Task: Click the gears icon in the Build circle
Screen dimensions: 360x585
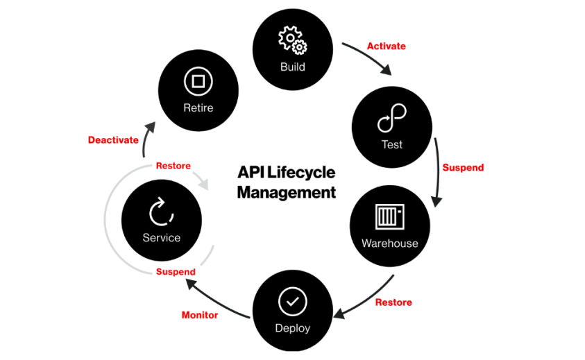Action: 293,40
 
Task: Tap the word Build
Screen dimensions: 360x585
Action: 292,67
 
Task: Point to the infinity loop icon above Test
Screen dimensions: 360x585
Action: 391,119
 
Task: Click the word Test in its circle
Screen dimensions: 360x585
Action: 391,145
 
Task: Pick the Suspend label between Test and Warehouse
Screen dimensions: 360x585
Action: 463,167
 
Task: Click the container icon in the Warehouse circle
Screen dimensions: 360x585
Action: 389,217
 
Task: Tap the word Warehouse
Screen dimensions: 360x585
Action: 389,243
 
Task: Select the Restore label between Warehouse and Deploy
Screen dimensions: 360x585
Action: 393,302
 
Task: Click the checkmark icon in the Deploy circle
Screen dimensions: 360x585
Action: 292,302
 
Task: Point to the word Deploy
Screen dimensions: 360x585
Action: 292,328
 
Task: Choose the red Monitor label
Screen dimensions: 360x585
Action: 200,315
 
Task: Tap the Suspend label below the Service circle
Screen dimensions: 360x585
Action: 176,272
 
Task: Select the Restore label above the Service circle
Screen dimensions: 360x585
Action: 173,166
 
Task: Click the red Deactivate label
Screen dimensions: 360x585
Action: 113,140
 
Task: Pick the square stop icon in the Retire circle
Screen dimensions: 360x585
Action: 198,82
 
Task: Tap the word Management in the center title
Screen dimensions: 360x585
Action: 287,191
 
